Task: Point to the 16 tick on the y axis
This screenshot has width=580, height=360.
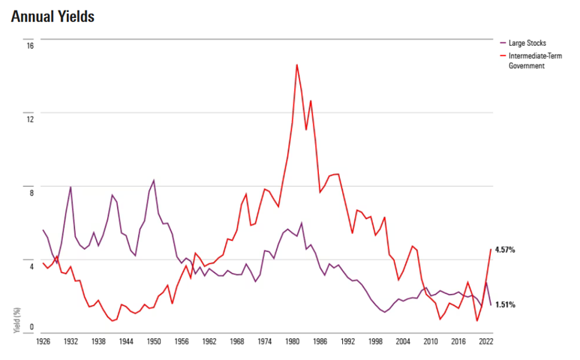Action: [31, 45]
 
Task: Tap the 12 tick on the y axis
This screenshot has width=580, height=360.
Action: [31, 118]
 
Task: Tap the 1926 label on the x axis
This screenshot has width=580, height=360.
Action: [44, 341]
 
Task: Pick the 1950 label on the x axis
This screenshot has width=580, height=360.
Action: [154, 341]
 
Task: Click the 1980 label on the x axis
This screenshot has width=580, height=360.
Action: [292, 341]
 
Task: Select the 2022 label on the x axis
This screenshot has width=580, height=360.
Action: [485, 341]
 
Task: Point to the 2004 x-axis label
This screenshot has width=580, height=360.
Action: [402, 341]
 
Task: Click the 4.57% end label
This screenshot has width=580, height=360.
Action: [505, 250]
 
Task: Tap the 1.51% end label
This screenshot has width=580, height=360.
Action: [505, 305]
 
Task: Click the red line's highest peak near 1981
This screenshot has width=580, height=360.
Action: [296, 64]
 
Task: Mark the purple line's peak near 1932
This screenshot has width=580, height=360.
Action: [71, 187]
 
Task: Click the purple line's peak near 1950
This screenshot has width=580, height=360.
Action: [154, 180]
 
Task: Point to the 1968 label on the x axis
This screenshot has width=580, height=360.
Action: [236, 341]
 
